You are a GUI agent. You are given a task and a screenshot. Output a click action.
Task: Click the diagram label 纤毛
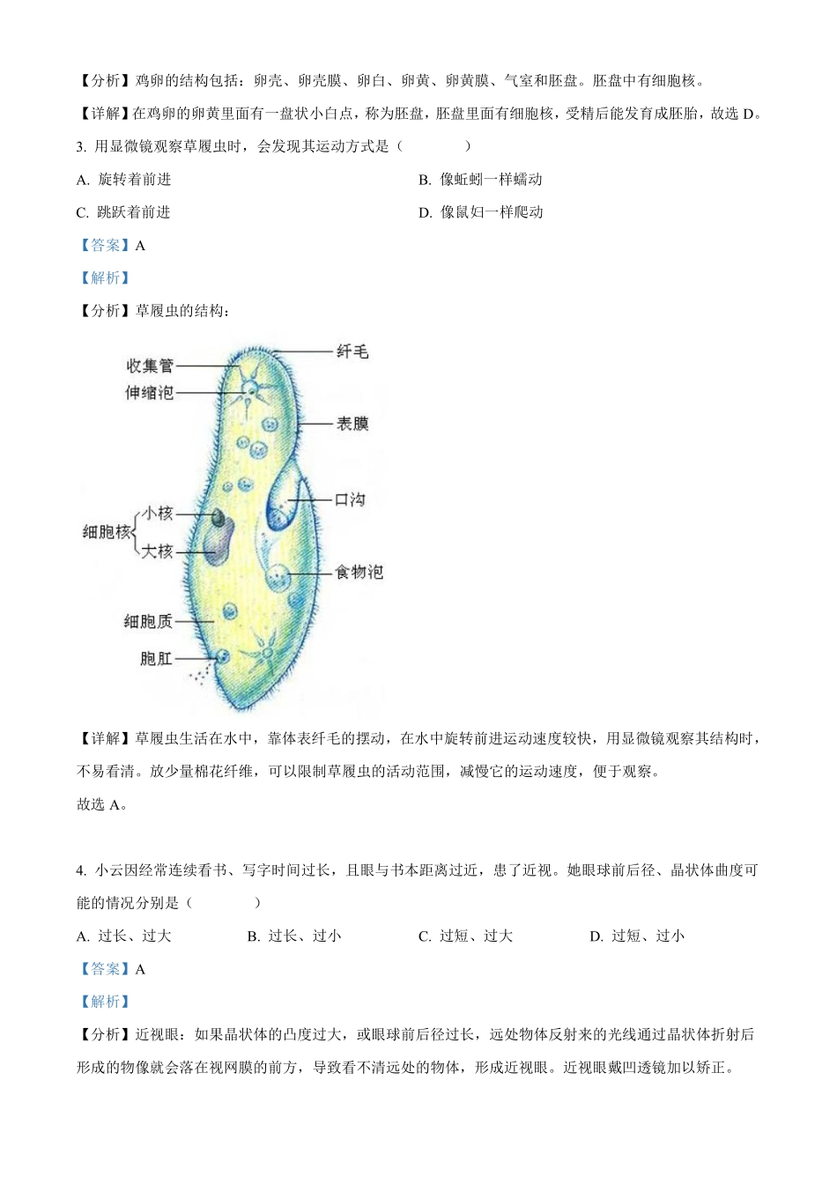click(352, 352)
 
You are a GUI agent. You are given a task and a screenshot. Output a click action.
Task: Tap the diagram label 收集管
click(150, 366)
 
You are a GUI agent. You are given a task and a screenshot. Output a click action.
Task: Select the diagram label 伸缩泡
click(149, 393)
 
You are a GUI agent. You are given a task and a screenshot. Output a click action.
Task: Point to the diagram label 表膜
click(352, 425)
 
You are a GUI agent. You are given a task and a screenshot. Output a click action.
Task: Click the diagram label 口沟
click(350, 500)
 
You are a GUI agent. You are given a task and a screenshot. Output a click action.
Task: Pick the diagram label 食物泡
click(359, 573)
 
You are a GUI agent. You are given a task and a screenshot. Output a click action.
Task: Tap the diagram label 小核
click(158, 514)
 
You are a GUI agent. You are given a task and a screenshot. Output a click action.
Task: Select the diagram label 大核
click(158, 551)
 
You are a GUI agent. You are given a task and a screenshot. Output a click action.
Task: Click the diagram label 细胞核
click(106, 532)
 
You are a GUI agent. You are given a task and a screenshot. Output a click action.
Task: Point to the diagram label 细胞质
click(148, 622)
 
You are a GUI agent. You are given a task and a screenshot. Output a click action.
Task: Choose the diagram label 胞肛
click(156, 658)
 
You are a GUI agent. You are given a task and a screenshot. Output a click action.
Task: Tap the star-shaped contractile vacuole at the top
click(252, 389)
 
